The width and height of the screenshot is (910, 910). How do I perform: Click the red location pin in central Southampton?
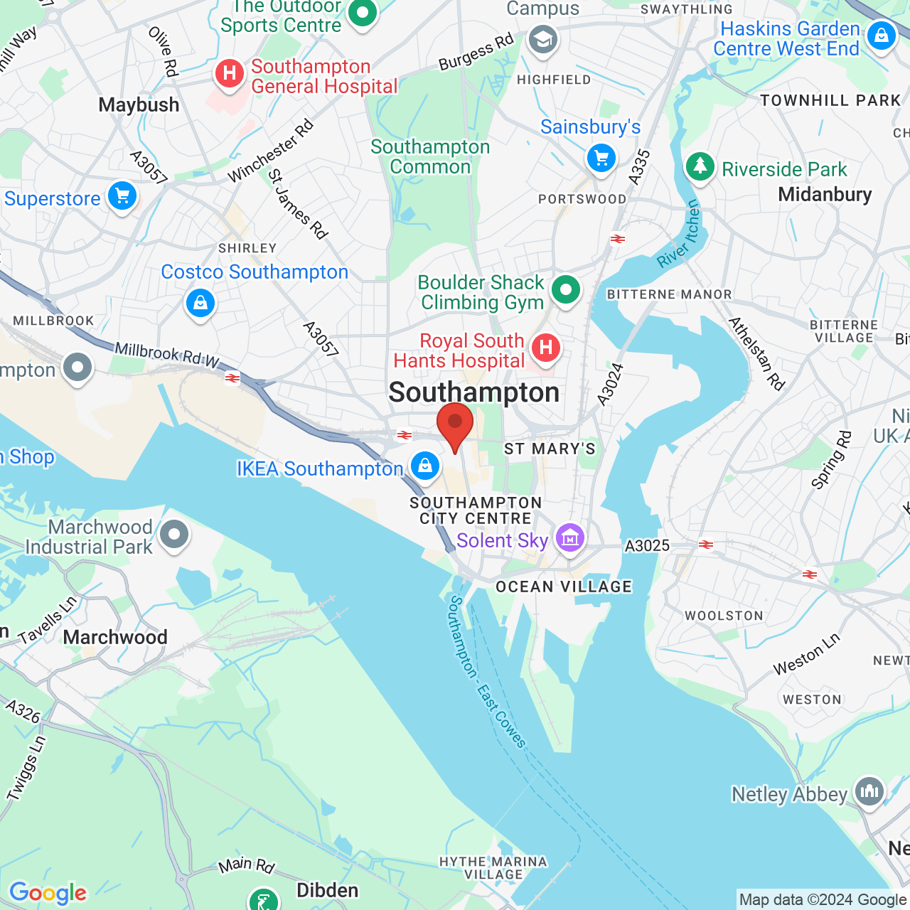click(x=455, y=424)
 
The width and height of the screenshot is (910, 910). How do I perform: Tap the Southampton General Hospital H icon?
click(x=229, y=73)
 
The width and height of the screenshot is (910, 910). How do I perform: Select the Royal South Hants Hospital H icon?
click(x=545, y=348)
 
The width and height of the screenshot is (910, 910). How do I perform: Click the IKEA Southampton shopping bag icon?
click(x=425, y=466)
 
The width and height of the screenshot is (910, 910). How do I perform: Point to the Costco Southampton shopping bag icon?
click(x=200, y=304)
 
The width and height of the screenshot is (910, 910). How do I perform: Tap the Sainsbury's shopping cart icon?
click(x=601, y=158)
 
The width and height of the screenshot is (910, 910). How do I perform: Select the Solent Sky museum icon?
click(x=570, y=540)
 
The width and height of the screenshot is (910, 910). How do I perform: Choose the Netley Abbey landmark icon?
click(x=869, y=791)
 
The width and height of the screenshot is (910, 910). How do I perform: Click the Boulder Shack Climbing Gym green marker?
click(x=566, y=290)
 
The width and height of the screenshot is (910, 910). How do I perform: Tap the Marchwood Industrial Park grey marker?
click(x=174, y=535)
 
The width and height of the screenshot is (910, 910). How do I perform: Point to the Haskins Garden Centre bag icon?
click(x=882, y=36)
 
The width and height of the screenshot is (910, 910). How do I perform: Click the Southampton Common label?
click(x=430, y=157)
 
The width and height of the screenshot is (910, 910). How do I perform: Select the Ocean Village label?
click(x=564, y=587)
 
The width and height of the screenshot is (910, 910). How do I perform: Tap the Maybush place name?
click(x=139, y=105)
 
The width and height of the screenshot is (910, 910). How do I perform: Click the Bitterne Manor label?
click(x=669, y=294)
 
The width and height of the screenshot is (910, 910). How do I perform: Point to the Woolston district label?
click(x=724, y=616)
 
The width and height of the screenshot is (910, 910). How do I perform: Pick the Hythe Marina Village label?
click(x=493, y=868)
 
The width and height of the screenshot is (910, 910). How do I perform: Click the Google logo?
click(x=48, y=893)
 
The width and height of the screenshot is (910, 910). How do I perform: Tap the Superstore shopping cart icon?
click(x=122, y=196)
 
